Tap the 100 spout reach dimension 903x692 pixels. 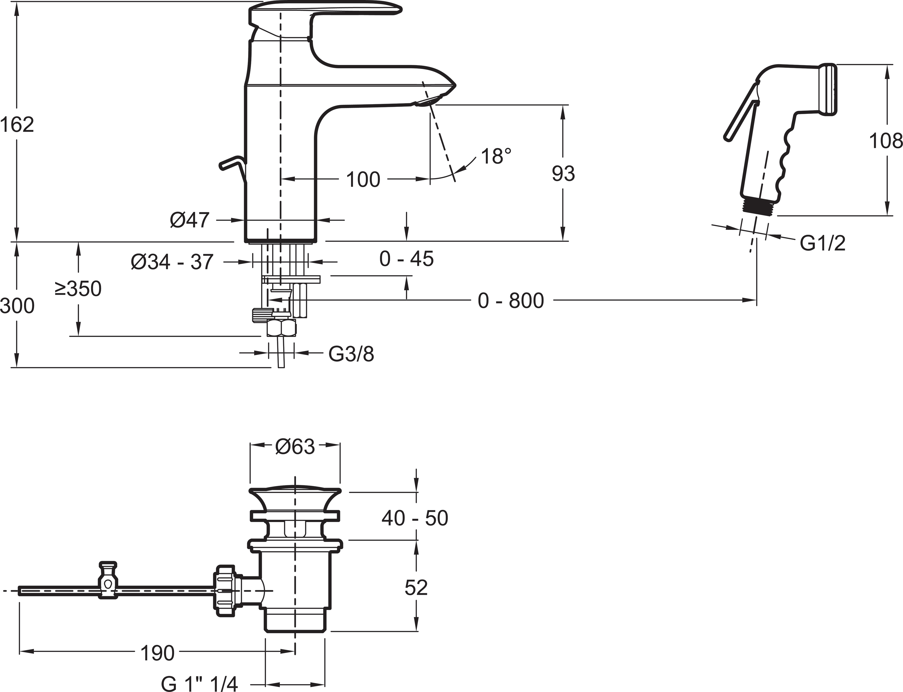tap(363, 179)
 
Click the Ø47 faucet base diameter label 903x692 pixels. tap(190, 220)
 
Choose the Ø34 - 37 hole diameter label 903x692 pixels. tap(172, 262)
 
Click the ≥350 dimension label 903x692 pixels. tap(78, 289)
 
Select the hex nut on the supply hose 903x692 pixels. tap(281, 328)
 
